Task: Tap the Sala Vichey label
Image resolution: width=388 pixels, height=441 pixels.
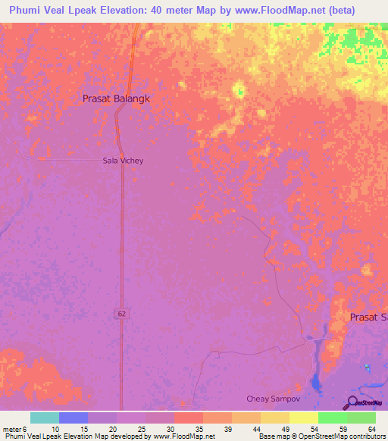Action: [123, 161]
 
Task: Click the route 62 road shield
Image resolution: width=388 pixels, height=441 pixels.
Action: [121, 313]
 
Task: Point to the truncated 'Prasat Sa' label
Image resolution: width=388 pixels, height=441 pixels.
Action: [368, 317]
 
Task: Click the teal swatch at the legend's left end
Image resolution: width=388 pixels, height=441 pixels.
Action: [44, 418]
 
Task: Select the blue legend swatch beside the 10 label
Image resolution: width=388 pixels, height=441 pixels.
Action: [73, 418]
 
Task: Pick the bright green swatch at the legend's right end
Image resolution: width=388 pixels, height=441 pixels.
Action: [361, 418]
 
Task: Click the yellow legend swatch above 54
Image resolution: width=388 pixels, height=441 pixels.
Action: [303, 418]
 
